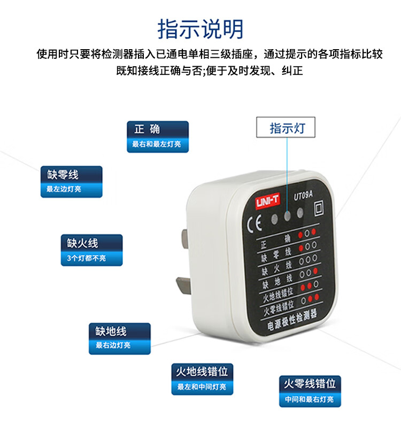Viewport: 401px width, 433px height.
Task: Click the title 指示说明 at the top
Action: [200, 29]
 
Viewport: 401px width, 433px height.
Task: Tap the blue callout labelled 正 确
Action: [158, 137]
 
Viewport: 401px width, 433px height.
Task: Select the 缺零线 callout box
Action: [72, 182]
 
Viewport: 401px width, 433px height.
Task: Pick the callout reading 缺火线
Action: [91, 250]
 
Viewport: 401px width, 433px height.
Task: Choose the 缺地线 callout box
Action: [120, 338]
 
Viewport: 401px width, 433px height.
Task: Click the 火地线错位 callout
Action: [202, 379]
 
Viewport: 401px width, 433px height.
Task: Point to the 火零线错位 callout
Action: [310, 391]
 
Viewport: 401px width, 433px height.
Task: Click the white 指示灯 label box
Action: [286, 127]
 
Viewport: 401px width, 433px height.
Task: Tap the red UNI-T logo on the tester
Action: [267, 201]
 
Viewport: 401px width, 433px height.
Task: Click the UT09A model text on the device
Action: [303, 196]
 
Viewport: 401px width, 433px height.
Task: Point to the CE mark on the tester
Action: [254, 225]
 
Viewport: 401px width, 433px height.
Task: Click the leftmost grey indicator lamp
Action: [274, 220]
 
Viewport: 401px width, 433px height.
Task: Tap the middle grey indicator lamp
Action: [288, 216]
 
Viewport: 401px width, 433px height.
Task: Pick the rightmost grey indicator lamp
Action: [300, 213]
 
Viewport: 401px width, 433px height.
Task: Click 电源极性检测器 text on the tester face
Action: [291, 320]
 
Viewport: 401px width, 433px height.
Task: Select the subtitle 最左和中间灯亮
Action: [202, 386]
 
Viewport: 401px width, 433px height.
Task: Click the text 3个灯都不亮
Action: [86, 258]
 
